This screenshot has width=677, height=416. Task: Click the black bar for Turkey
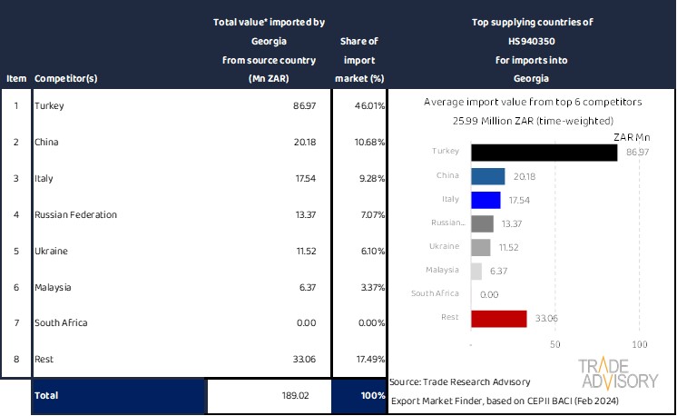[545, 152]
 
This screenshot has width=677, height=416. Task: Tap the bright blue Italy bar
[486, 200]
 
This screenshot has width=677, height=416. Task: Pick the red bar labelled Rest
[499, 319]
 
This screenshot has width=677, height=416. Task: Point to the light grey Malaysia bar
[476, 271]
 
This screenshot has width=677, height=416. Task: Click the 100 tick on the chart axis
[639, 345]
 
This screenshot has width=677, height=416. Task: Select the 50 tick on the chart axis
[555, 345]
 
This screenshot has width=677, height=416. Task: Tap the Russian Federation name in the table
[75, 215]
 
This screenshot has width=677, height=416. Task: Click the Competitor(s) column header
[65, 78]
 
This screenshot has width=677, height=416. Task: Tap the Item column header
[15, 78]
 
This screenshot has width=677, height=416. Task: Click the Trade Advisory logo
[618, 373]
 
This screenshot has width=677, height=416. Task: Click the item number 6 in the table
[15, 288]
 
